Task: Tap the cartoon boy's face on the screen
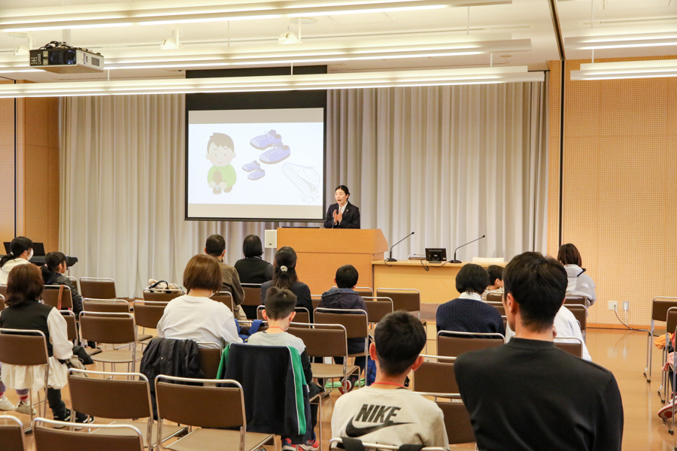click(x=220, y=153)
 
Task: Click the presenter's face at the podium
click(x=341, y=196)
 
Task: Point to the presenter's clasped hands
click(x=336, y=215)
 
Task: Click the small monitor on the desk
click(x=436, y=255)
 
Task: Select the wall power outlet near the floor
click(x=618, y=306)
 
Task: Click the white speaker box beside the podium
click(x=270, y=239)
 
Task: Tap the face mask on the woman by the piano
click(x=29, y=254)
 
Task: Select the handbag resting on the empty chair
click(x=163, y=286)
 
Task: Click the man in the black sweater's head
click(x=535, y=289)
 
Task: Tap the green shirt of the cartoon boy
click(x=222, y=176)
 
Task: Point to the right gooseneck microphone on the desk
click(x=466, y=250)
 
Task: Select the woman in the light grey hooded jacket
click(x=576, y=274)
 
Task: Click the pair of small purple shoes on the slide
click(x=253, y=170)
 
